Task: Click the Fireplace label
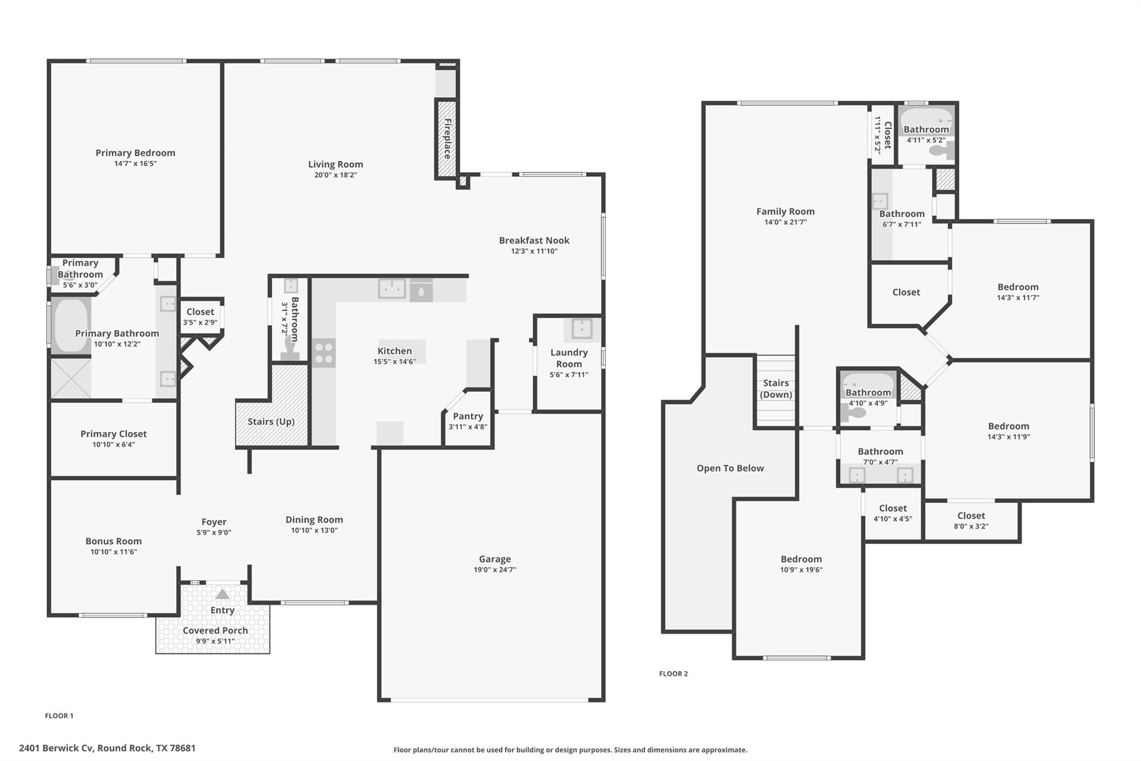(x=447, y=139)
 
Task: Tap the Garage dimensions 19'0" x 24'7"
(x=495, y=570)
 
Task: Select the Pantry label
(x=468, y=416)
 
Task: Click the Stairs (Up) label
(x=271, y=421)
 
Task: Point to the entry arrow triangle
(x=222, y=594)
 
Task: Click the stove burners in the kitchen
(x=324, y=353)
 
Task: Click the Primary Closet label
(x=114, y=434)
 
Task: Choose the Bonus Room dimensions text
(x=114, y=552)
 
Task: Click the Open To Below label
(x=730, y=468)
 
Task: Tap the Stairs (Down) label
(x=776, y=389)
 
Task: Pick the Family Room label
(x=785, y=211)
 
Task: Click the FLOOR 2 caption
(x=673, y=673)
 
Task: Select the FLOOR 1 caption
(x=59, y=716)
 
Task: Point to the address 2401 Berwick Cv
(x=107, y=748)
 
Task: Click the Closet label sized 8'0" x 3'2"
(x=971, y=516)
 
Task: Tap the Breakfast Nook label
(x=534, y=240)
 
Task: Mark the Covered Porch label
(x=215, y=631)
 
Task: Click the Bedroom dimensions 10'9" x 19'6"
(x=801, y=570)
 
